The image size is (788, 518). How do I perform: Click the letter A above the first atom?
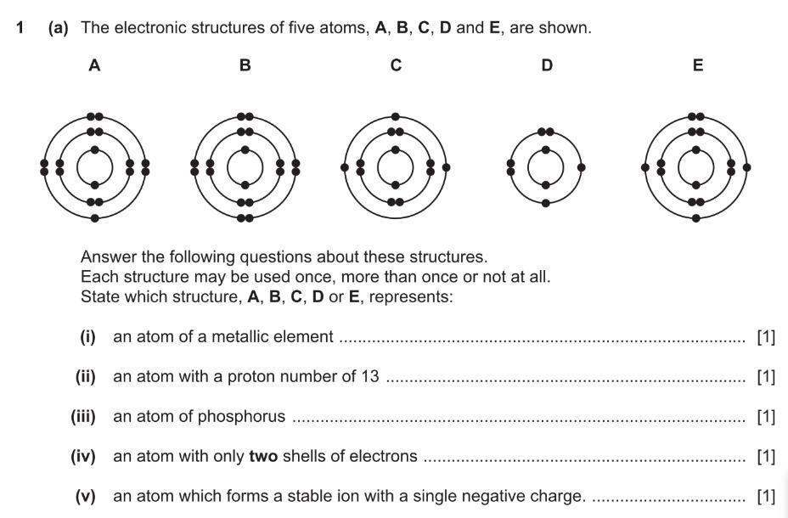pos(94,65)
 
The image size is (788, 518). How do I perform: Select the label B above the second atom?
pos(245,65)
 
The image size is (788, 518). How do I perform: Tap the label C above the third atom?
pos(396,65)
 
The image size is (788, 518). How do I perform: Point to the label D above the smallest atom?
pos(546,65)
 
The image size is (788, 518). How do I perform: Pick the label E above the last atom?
pos(697,65)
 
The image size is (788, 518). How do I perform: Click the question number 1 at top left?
pos(20,28)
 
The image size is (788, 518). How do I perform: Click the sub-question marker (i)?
pos(87,337)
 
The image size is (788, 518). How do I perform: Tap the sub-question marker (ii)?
pos(85,376)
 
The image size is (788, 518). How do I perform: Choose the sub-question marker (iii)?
pos(83,416)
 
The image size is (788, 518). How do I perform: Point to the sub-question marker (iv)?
pos(83,456)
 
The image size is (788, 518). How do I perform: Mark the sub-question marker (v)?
pos(85,496)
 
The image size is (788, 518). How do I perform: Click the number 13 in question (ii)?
pos(369,376)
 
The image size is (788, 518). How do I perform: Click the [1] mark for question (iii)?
pos(766,416)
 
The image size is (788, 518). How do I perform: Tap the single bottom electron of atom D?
pos(546,203)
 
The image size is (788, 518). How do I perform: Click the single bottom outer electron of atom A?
pos(94,218)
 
